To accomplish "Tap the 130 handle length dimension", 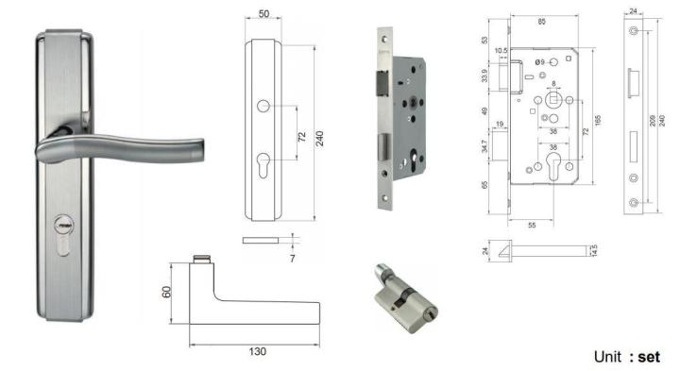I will click(x=257, y=350).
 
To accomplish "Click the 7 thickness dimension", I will click(x=292, y=256).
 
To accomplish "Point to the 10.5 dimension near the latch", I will click(x=501, y=51).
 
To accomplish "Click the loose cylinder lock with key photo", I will click(x=403, y=300).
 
